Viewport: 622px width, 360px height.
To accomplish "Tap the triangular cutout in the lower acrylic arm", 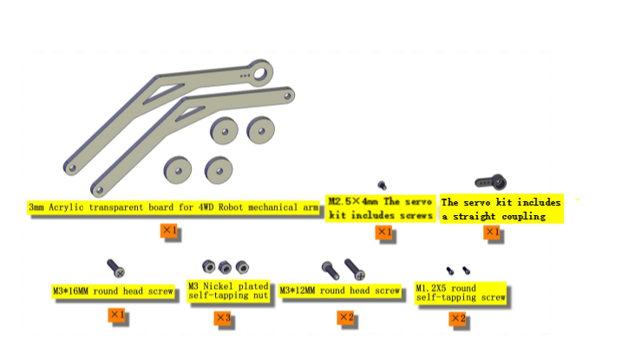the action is (x=189, y=114).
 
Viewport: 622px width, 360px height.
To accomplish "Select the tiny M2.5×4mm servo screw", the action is (x=382, y=185).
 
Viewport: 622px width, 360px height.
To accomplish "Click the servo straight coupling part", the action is (x=491, y=182).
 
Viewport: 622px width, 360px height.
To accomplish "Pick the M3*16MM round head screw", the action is (x=116, y=268).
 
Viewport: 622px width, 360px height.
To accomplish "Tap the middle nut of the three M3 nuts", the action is (x=225, y=267).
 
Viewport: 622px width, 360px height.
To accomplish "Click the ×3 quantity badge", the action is (x=223, y=317).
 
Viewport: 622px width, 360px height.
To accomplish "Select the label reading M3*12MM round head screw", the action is (x=339, y=291).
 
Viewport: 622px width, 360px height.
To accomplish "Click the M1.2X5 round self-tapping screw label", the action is (x=461, y=292).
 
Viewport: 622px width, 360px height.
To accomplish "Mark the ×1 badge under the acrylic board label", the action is (x=169, y=231).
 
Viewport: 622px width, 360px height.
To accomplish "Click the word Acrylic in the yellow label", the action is (x=66, y=207).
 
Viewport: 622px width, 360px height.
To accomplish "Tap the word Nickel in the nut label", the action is (x=218, y=286).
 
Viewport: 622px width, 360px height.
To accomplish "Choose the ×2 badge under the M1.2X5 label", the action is (x=458, y=318).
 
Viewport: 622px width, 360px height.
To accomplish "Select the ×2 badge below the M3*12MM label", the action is (x=346, y=317).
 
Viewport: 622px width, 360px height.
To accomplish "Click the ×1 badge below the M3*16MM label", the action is (x=116, y=315).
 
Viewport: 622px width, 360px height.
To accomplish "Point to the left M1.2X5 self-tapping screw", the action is (x=450, y=271).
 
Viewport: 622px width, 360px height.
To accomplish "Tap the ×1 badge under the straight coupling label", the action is (x=492, y=232).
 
